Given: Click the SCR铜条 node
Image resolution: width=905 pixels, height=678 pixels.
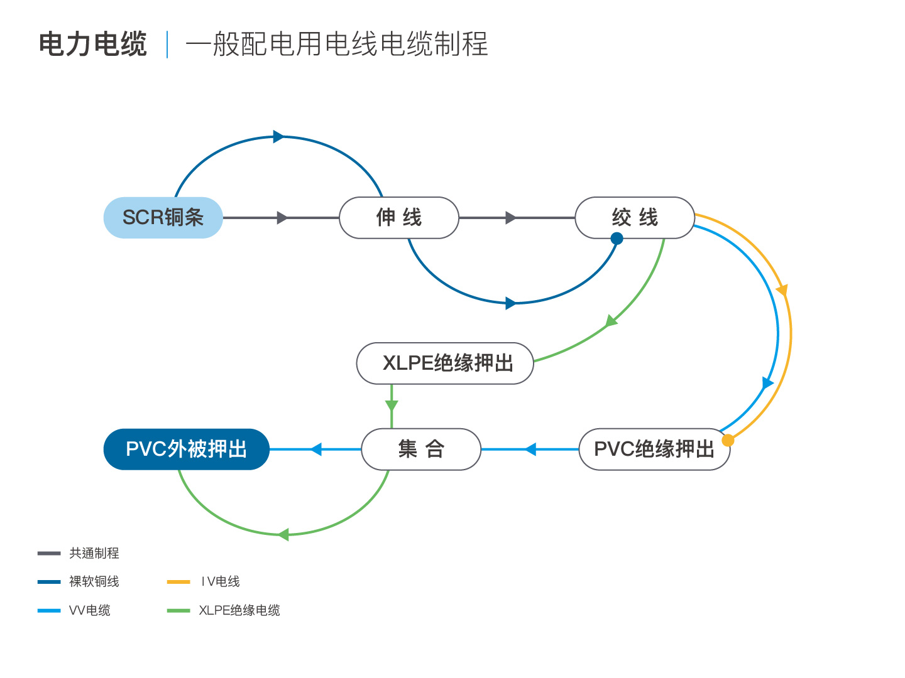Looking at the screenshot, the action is pyautogui.click(x=163, y=217).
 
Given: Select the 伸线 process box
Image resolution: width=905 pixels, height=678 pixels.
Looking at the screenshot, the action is pyautogui.click(x=398, y=217).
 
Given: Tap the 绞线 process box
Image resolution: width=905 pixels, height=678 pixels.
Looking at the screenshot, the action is pyautogui.click(x=635, y=217).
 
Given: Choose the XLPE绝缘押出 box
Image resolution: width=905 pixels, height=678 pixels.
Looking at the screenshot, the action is pyautogui.click(x=445, y=363).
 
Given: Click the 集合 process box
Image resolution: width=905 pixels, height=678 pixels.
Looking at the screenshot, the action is pyautogui.click(x=421, y=449).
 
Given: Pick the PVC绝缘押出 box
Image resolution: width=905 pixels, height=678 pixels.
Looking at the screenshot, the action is pyautogui.click(x=654, y=449).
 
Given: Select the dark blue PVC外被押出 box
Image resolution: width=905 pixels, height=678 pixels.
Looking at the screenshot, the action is pyautogui.click(x=187, y=449).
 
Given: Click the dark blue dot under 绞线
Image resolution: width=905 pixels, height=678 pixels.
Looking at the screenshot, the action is pyautogui.click(x=617, y=239).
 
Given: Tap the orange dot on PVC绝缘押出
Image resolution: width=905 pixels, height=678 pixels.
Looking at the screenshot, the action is pyautogui.click(x=728, y=440).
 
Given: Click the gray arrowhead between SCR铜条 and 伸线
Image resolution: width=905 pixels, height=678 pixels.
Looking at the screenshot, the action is pyautogui.click(x=282, y=218).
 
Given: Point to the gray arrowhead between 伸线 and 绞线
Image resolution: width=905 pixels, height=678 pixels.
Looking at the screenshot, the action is pyautogui.click(x=510, y=218).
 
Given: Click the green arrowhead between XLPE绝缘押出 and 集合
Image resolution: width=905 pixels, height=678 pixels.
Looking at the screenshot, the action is pyautogui.click(x=392, y=406).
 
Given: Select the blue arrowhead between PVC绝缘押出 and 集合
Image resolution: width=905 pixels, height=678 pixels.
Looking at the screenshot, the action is pyautogui.click(x=530, y=449).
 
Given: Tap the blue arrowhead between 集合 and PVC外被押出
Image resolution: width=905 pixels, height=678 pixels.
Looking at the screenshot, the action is pyautogui.click(x=316, y=449).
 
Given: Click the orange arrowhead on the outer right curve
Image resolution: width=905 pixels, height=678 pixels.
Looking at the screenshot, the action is pyautogui.click(x=782, y=290).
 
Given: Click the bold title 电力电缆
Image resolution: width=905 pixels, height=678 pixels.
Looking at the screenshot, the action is pyautogui.click(x=93, y=44).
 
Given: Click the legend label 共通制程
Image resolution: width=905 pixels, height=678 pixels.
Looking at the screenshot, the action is pyautogui.click(x=94, y=553).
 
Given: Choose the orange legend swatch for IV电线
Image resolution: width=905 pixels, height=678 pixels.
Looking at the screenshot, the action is pyautogui.click(x=178, y=582).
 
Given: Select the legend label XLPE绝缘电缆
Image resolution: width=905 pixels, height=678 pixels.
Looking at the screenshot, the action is pyautogui.click(x=239, y=610).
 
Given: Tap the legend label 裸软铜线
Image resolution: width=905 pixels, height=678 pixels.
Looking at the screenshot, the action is pyautogui.click(x=94, y=581).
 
